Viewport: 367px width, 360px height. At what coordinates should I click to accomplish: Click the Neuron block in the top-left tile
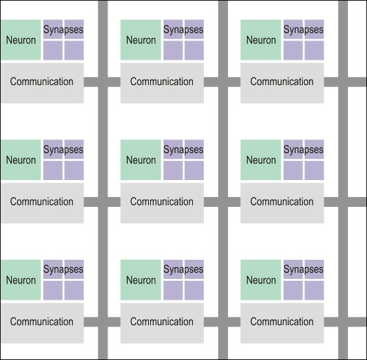tap(20, 40)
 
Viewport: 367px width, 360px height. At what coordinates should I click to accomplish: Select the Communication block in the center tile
tap(162, 203)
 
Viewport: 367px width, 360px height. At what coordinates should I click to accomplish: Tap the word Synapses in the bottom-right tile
tap(303, 269)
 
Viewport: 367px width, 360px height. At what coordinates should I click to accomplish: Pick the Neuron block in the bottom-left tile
tap(20, 280)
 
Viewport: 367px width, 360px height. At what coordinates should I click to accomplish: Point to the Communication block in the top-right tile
tap(282, 83)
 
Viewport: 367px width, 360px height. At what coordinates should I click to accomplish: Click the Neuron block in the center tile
tap(141, 160)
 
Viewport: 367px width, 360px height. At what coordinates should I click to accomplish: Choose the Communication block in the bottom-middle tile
tap(162, 323)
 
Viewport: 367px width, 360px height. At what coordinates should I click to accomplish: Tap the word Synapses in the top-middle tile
tap(183, 29)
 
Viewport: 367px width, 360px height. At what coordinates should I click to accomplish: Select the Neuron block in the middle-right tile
tap(261, 160)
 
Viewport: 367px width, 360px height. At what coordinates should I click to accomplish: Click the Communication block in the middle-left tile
tap(42, 203)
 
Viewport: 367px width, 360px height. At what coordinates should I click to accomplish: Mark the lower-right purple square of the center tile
tap(194, 170)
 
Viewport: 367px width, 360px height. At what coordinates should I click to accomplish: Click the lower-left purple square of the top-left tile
tap(53, 50)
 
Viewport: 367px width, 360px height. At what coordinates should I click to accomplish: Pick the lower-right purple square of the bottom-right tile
tap(314, 291)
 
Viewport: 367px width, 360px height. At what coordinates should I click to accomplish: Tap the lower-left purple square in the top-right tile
tap(293, 50)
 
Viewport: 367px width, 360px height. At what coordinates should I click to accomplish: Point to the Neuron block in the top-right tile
tap(261, 40)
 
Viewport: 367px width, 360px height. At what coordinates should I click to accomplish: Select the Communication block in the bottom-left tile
tap(42, 323)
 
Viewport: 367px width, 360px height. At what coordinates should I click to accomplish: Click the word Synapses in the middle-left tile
tap(63, 150)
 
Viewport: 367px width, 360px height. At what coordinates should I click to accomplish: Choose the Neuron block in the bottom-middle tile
tap(141, 280)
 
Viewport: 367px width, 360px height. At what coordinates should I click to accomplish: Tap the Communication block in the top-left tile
tap(42, 83)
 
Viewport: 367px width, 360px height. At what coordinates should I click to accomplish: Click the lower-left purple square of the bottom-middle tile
tap(173, 291)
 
